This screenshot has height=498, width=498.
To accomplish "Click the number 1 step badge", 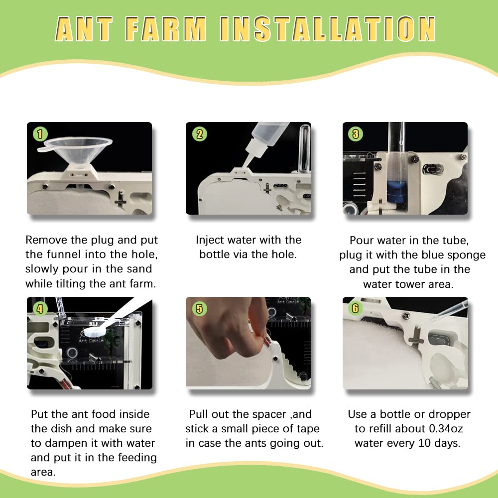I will (x=40, y=133).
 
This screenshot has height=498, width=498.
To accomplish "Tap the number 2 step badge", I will (x=200, y=133).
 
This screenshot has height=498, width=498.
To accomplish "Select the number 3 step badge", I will (x=356, y=133).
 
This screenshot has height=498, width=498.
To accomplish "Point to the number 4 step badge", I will (x=40, y=309).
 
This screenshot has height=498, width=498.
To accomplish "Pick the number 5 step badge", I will (x=200, y=309).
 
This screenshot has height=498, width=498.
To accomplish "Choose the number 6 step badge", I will (x=355, y=308).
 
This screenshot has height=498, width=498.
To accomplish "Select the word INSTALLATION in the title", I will (x=329, y=29).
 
